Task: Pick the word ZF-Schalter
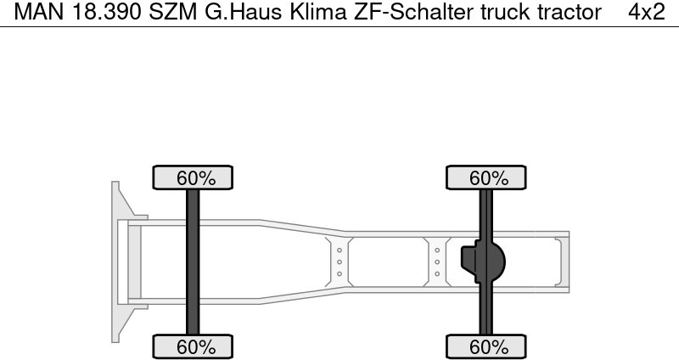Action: [400, 13]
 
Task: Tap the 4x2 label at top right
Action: [646, 13]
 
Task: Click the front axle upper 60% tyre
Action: [194, 178]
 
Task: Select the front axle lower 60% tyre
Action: [194, 346]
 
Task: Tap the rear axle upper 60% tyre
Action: [487, 178]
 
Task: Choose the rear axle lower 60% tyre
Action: [487, 346]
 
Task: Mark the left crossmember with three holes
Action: [339, 262]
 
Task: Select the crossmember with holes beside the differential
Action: [436, 262]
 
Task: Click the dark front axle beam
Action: [194, 262]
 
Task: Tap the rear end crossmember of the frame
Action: [559, 262]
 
